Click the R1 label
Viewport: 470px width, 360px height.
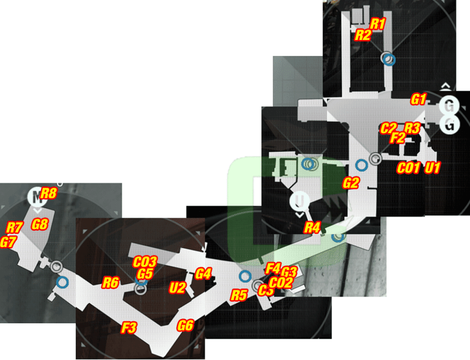pos(378,24)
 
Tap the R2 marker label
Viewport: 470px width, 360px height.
pos(363,35)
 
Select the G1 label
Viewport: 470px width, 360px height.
pos(418,99)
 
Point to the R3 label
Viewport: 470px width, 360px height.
pos(412,128)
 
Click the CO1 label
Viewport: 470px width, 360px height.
pos(408,168)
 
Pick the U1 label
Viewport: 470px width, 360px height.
pos(432,168)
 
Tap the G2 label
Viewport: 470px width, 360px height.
pos(351,183)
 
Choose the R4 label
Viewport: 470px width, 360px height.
pos(312,227)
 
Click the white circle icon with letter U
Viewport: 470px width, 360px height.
pos(300,201)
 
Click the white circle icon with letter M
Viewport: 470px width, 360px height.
pos(37,197)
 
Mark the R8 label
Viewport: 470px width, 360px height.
pos(49,194)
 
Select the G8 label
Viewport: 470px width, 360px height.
pos(40,224)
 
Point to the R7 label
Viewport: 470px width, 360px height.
pos(14,227)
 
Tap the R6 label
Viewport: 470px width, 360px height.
pos(111,283)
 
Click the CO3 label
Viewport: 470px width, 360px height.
pos(145,262)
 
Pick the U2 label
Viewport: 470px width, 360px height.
pos(178,288)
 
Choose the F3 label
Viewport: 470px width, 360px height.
pos(129,328)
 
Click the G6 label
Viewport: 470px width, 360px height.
pos(185,326)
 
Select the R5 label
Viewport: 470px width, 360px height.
pos(239,295)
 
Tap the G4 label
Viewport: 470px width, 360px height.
pos(203,274)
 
